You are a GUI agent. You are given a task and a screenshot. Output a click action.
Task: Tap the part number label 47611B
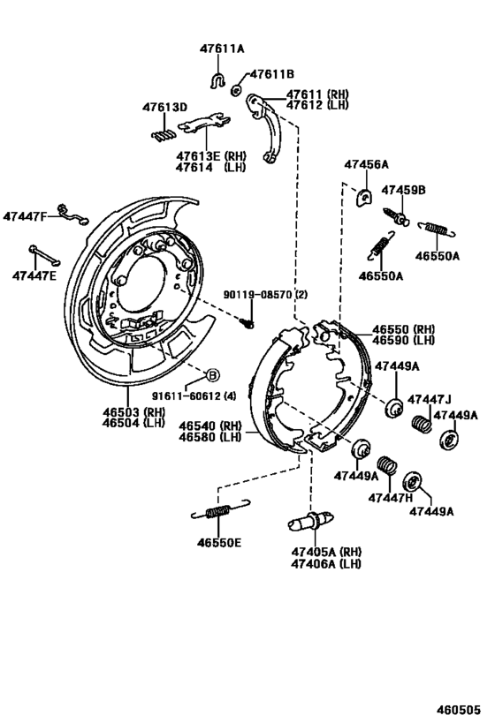[271, 74]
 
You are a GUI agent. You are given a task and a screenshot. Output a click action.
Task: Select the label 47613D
[165, 108]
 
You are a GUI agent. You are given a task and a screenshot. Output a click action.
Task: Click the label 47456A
[366, 165]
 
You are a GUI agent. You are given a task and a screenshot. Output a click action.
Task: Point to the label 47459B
[403, 190]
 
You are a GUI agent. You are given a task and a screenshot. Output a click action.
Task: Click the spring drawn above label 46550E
[217, 512]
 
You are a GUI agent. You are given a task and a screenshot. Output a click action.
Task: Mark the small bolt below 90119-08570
[248, 322]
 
